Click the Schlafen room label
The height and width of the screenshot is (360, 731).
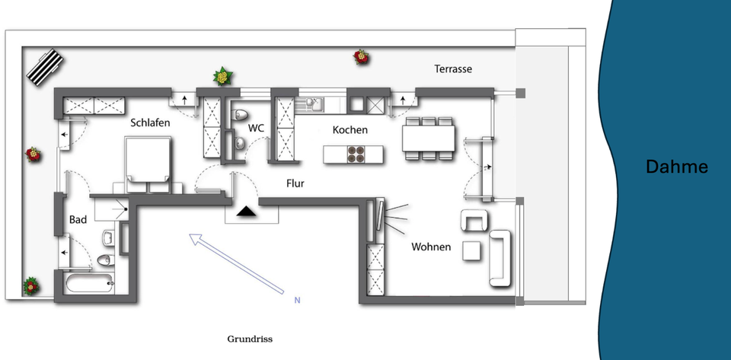click(149, 123)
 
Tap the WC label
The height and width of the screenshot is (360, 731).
click(257, 128)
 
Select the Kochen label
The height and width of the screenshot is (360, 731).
click(350, 130)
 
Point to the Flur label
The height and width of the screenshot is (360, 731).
click(296, 183)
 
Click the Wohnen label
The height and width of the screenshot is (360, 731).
click(431, 247)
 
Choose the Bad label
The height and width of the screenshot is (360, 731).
click(78, 220)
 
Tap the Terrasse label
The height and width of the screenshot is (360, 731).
click(453, 69)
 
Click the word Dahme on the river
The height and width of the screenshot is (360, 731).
click(676, 167)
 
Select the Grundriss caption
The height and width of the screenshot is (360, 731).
click(250, 339)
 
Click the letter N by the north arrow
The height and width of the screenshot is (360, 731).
click(297, 301)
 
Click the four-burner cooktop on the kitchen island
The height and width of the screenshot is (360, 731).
click(356, 154)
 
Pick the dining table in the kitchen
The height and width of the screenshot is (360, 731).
click(429, 139)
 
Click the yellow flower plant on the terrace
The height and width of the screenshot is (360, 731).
click(222, 76)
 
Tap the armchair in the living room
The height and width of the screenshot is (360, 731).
click(475, 221)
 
